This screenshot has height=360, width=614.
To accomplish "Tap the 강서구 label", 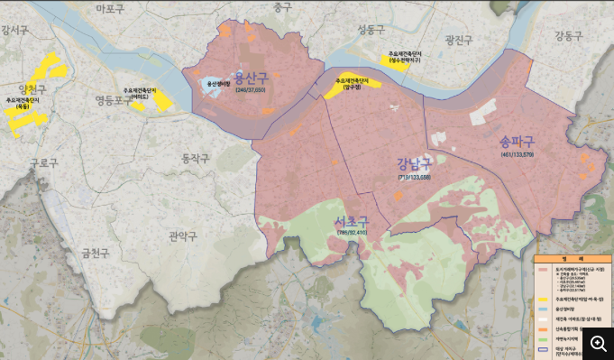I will click(15, 30).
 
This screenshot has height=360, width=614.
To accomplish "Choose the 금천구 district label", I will click(95, 253).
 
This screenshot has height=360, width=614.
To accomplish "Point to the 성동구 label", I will click(371, 29).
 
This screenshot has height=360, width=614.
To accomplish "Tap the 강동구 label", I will click(569, 36).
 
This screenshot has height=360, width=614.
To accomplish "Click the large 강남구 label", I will click(414, 163).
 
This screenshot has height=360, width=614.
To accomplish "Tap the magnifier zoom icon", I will click(599, 345).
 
